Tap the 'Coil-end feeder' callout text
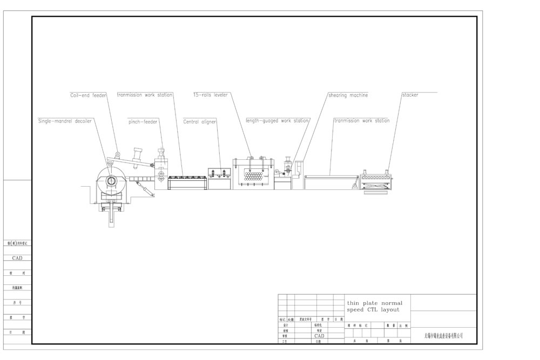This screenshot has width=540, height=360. coord(88,95)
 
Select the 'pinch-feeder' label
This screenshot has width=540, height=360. coord(143,122)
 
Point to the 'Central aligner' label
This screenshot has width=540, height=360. coord(200,122)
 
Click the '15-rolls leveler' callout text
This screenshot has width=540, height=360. coord(211,95)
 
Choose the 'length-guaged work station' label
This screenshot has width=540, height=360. coord(277,121)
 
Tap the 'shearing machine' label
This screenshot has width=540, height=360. coord(348,95)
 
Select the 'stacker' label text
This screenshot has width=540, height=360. coord(410,95)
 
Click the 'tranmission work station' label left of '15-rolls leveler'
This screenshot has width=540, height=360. coord(145,95)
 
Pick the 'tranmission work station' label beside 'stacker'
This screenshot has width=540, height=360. coord(361,121)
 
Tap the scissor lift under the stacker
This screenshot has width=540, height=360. coord(376,186)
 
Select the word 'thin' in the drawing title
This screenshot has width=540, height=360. coord(353,303)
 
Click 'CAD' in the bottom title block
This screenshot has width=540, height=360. coord(319,336)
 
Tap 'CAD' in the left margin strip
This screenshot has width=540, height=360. coord(17,259)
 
